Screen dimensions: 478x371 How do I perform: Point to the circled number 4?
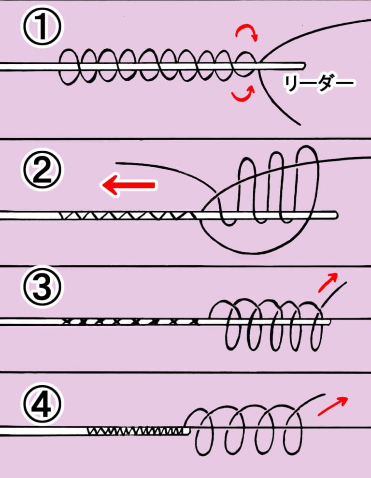[x=42, y=405]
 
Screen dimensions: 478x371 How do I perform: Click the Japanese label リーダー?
[x=319, y=84]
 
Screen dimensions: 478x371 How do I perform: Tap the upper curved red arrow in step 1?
[x=246, y=33]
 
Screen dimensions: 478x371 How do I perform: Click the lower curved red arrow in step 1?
[x=243, y=95]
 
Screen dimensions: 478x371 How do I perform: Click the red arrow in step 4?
[x=334, y=405]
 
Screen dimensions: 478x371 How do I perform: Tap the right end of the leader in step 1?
[x=303, y=65]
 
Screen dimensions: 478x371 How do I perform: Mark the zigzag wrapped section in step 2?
[x=128, y=215]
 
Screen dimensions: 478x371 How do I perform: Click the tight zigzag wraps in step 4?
[x=135, y=429]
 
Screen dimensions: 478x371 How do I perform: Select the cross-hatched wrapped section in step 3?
[x=130, y=321]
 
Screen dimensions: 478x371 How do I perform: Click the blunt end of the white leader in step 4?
[x=189, y=430]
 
